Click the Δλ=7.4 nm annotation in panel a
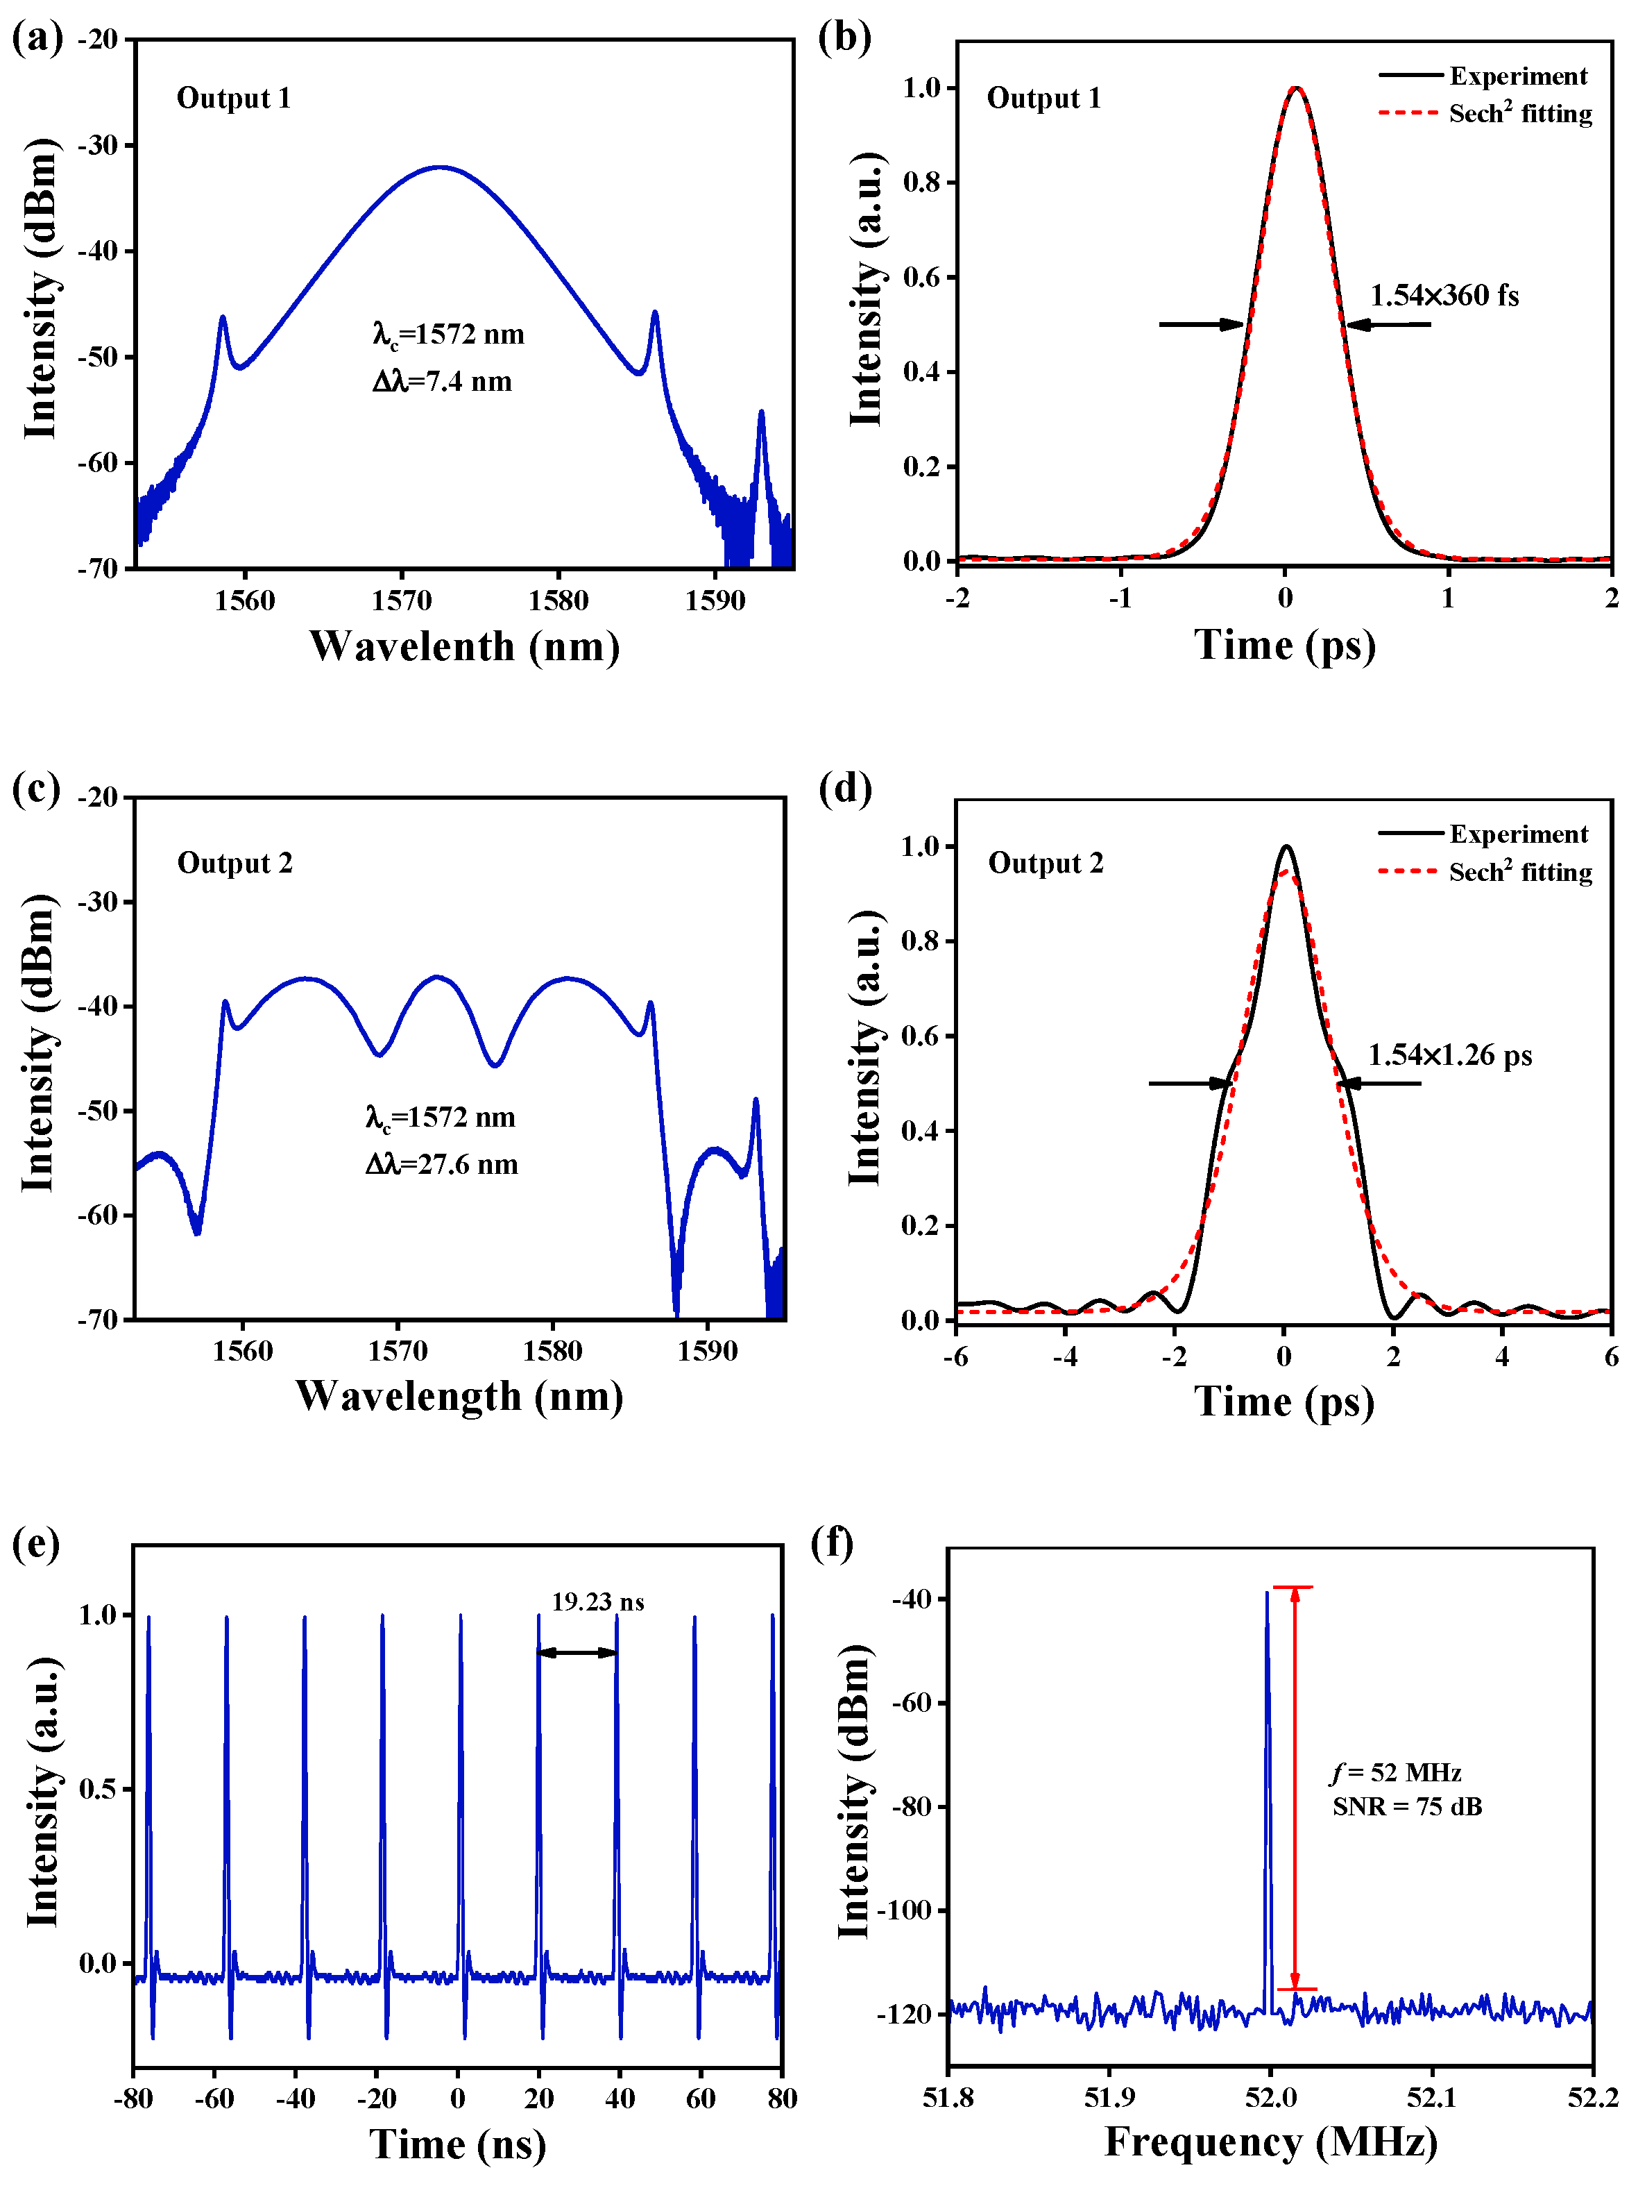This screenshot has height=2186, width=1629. click(442, 381)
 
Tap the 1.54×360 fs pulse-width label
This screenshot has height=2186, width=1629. click(1444, 295)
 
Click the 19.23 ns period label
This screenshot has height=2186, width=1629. click(597, 1602)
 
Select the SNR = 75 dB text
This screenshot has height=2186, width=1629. click(1406, 1806)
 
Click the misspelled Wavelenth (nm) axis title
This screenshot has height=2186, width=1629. click(464, 646)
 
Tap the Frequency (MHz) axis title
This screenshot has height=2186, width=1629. click(1270, 2142)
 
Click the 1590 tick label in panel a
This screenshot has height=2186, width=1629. click(715, 600)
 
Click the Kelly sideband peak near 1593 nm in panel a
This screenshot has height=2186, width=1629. click(761, 414)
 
